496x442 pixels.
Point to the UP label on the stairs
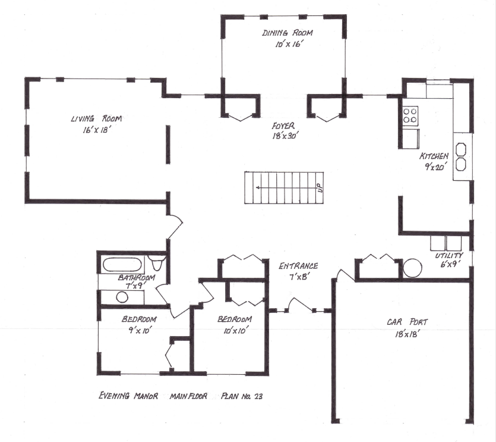pyautogui.click(x=319, y=187)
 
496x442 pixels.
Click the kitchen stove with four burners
pyautogui.click(x=410, y=115)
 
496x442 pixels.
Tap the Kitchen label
pyautogui.click(x=434, y=156)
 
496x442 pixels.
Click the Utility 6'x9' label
pyautogui.click(x=448, y=259)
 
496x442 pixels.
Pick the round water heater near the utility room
pyautogui.click(x=412, y=268)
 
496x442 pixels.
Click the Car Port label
pyautogui.click(x=407, y=322)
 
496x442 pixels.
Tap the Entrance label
pyautogui.click(x=298, y=267)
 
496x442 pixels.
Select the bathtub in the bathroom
pyautogui.click(x=122, y=263)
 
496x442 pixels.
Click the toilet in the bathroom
pyautogui.click(x=157, y=262)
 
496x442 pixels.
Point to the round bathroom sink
pyautogui.click(x=122, y=297)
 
